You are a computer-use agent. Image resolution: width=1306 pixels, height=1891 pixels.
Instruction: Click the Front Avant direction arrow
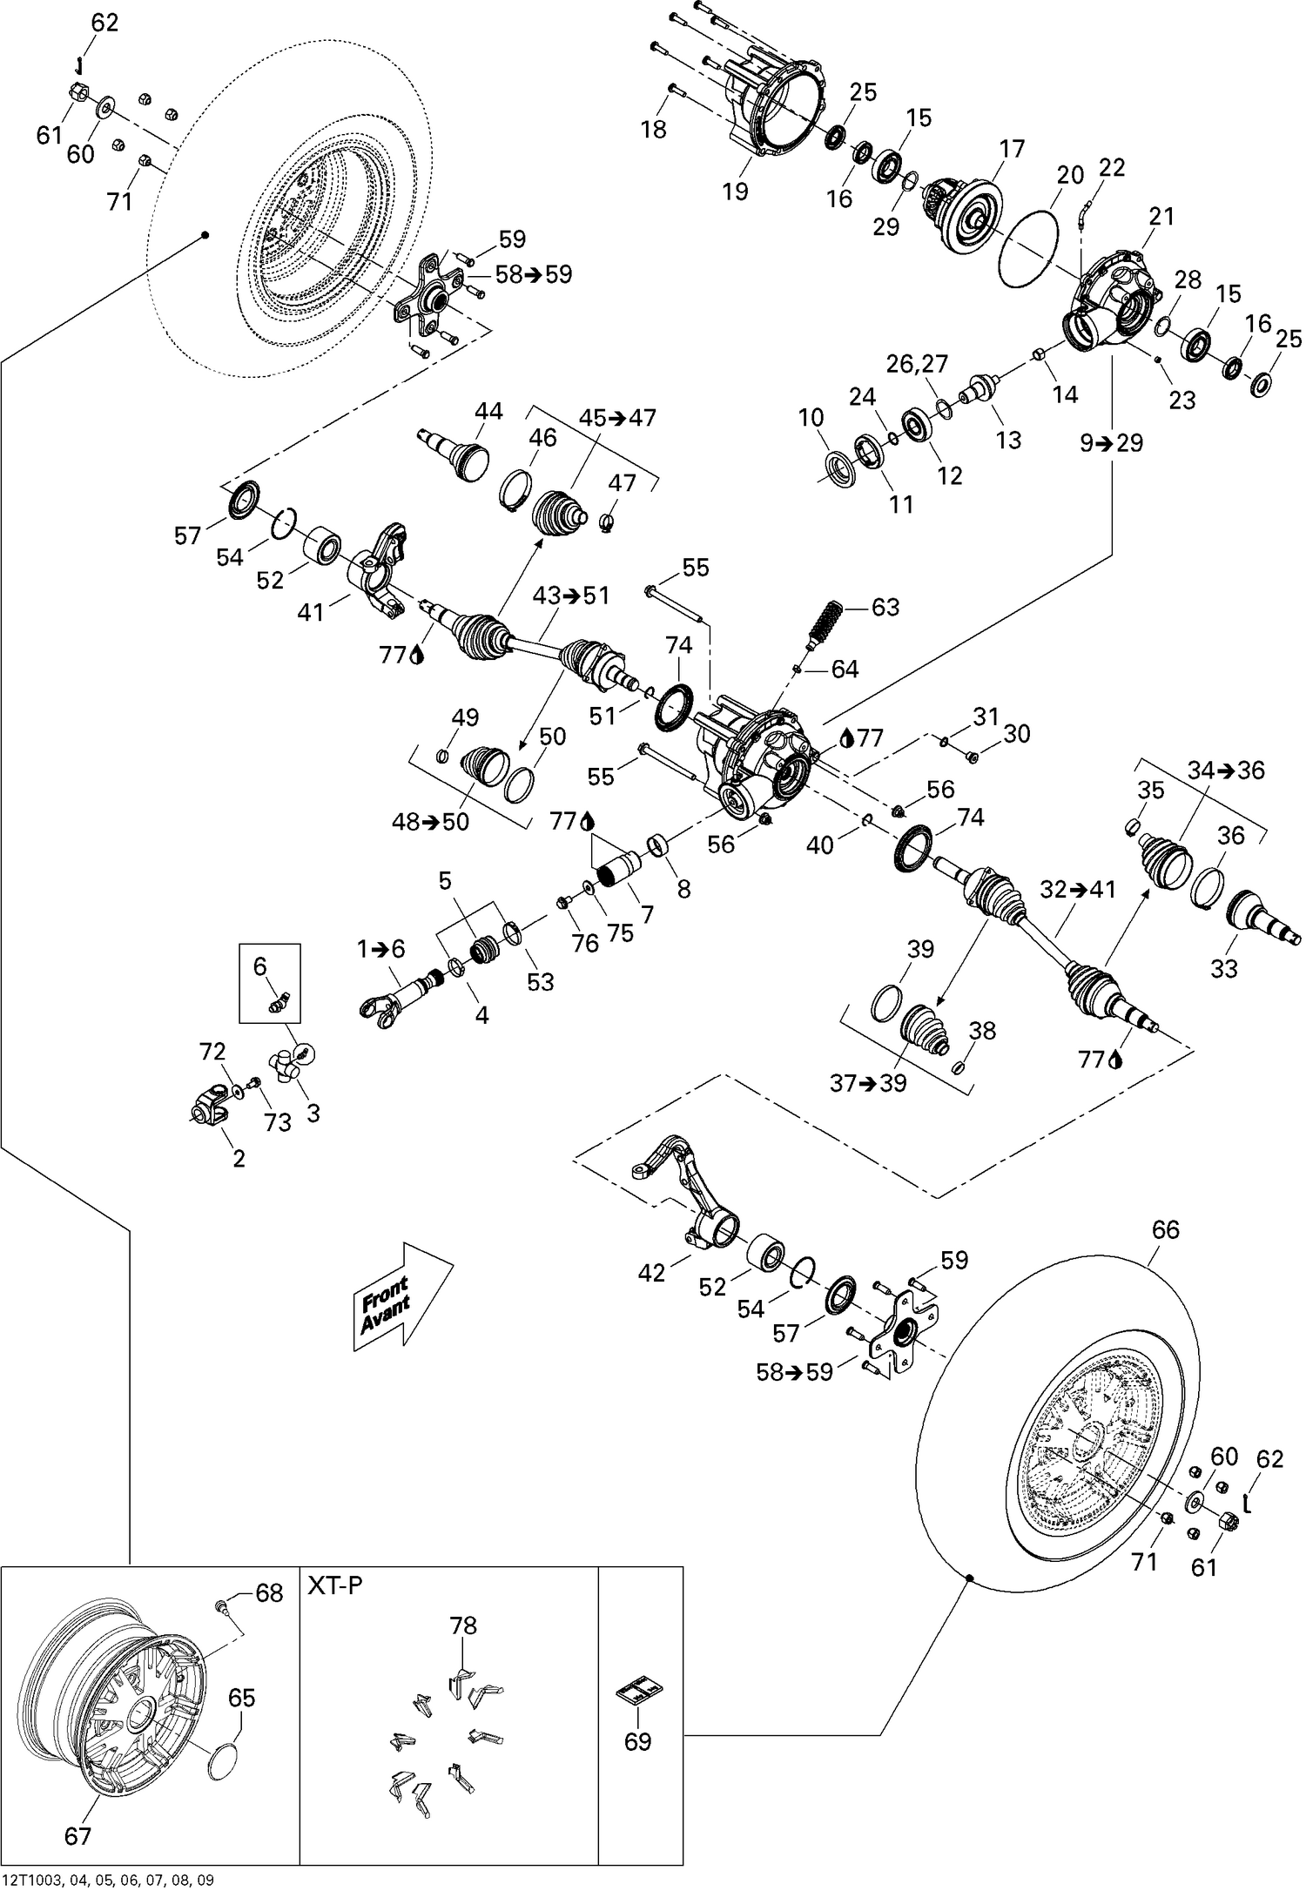pos(402,1296)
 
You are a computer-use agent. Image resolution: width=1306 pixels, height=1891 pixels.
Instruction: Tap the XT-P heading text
pos(335,1585)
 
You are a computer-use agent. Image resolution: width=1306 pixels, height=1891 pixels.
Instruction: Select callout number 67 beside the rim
pos(78,1836)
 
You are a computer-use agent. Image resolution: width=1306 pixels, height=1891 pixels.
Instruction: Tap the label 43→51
pos(572,596)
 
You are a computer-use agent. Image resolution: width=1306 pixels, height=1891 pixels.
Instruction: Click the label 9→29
pos(1112,443)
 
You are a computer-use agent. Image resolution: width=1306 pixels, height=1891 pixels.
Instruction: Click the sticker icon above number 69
pos(638,1691)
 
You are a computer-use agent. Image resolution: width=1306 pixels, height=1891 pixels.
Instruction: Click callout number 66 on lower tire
pos(1165,1229)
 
